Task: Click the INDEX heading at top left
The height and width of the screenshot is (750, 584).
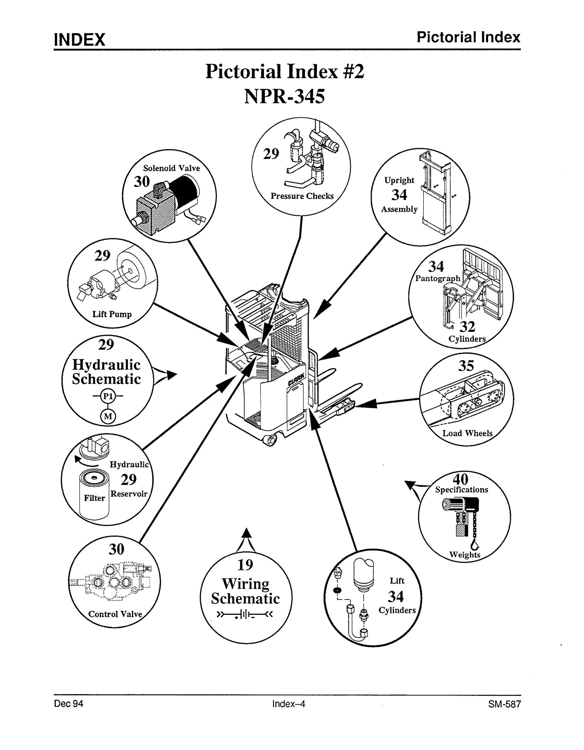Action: pos(79,40)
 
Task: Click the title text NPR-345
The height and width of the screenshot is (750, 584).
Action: pos(284,97)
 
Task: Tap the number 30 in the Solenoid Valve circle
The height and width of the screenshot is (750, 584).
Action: pos(142,181)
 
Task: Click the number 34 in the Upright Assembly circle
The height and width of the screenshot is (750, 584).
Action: pos(399,195)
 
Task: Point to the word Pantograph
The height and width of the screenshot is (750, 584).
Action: pos(437,278)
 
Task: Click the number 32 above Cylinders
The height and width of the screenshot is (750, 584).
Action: pos(467,327)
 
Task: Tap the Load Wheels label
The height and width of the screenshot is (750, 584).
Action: pos(467,433)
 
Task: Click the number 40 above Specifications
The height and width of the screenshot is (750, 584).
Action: pos(460,479)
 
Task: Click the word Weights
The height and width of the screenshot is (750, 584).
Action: pos(465,555)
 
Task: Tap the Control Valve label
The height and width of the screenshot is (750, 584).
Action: pos(115,614)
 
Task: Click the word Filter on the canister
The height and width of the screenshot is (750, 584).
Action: pos(94,498)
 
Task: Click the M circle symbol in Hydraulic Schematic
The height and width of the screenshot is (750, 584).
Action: pos(108,416)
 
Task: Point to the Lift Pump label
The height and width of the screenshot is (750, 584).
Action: pos(112,314)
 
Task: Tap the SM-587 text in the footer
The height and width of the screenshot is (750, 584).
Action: pos(504,704)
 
